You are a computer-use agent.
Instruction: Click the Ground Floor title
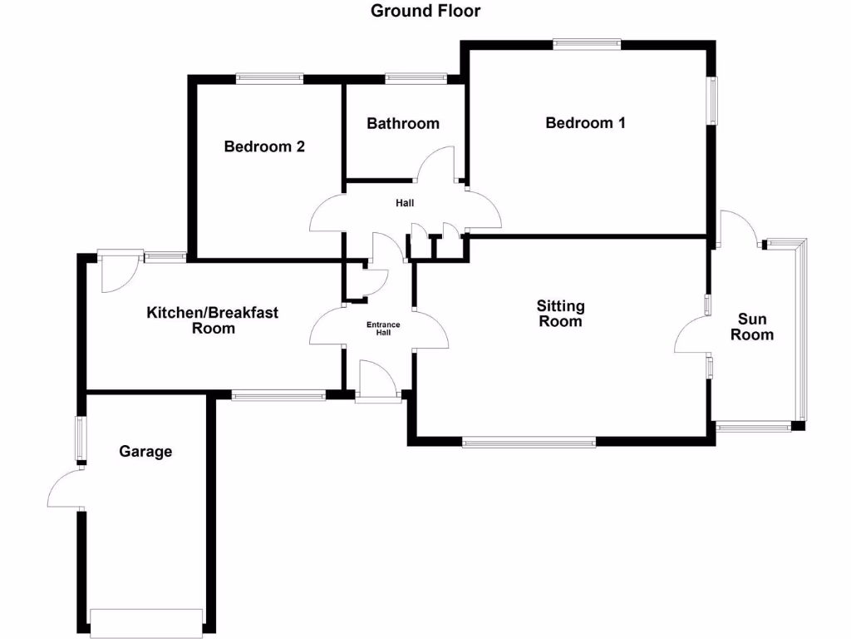pyautogui.click(x=425, y=11)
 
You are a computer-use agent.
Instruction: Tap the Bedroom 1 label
pyautogui.click(x=585, y=123)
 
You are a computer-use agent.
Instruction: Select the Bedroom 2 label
pyautogui.click(x=264, y=147)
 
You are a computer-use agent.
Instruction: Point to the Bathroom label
pyautogui.click(x=403, y=124)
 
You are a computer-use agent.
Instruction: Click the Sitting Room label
pyautogui.click(x=560, y=314)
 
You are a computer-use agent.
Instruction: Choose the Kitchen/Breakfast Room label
pyautogui.click(x=213, y=320)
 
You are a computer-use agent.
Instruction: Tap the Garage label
pyautogui.click(x=145, y=452)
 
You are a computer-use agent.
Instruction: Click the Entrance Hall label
pyautogui.click(x=384, y=329)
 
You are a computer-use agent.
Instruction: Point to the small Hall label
pyautogui.click(x=405, y=203)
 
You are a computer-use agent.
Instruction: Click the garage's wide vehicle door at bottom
pyautogui.click(x=147, y=622)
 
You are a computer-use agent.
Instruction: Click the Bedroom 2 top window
pyautogui.click(x=269, y=78)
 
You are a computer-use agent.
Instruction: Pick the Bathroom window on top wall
pyautogui.click(x=415, y=78)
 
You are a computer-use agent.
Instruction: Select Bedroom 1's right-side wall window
pyautogui.click(x=712, y=101)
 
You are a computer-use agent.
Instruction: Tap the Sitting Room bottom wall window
pyautogui.click(x=529, y=443)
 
